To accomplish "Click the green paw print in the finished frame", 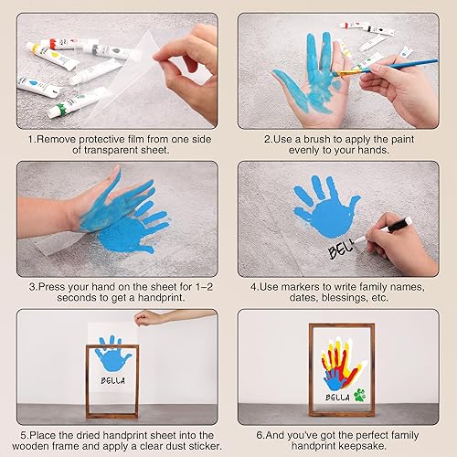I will (x=368, y=397).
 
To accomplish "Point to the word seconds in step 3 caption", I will (x=48, y=298).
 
